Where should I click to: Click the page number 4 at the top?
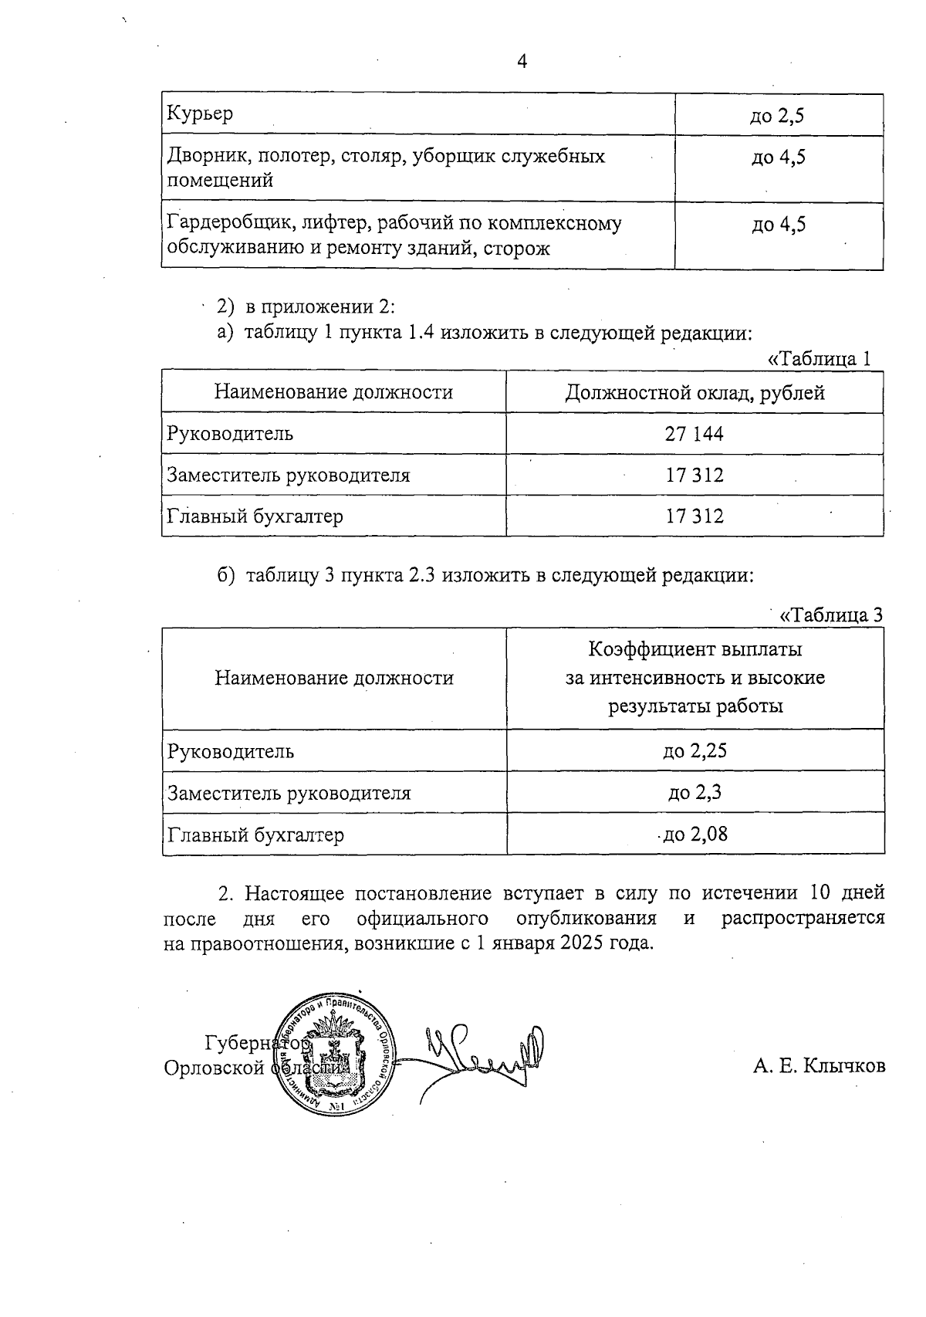click(x=522, y=62)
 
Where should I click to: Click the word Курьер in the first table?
click(x=200, y=114)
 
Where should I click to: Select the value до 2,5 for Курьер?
click(x=778, y=116)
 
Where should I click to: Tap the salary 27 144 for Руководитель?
click(x=694, y=433)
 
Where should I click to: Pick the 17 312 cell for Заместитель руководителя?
click(x=694, y=475)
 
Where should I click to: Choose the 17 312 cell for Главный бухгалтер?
click(x=694, y=516)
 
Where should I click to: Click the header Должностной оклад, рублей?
click(x=694, y=392)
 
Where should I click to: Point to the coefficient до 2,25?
click(x=694, y=750)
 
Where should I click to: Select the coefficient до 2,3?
click(x=694, y=792)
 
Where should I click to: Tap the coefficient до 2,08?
click(x=694, y=834)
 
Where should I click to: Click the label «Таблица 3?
click(x=831, y=615)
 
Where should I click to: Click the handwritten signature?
click(x=478, y=1054)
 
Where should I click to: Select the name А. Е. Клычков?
click(x=820, y=1066)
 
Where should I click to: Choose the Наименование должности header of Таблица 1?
click(x=333, y=392)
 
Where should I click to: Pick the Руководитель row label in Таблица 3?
click(x=231, y=751)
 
